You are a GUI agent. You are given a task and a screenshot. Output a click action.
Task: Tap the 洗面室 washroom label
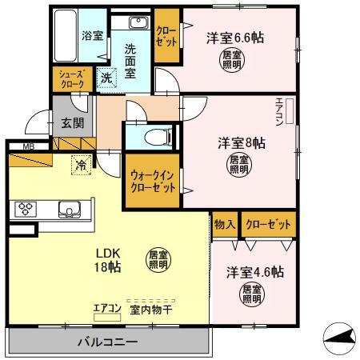click(130, 59)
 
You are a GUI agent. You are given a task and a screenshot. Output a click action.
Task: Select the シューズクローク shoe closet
click(68, 78)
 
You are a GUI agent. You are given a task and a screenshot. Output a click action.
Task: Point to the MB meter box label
click(29, 146)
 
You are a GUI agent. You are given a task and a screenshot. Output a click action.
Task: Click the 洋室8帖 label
click(242, 142)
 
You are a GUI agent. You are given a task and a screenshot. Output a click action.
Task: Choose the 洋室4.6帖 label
click(254, 271)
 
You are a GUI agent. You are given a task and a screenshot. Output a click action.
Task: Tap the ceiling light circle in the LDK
click(158, 258)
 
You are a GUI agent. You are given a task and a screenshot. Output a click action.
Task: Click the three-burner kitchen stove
click(23, 210)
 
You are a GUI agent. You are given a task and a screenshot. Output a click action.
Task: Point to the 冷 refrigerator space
click(82, 164)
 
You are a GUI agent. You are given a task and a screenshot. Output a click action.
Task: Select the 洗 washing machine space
click(107, 78)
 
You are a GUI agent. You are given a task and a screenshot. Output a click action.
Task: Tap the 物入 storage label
click(225, 225)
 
